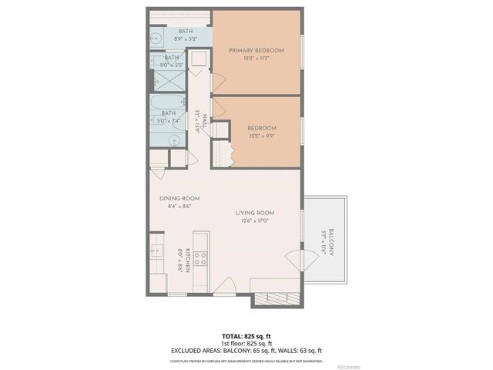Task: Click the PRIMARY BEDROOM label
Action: click(x=257, y=50)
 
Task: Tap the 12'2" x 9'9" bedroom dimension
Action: click(x=262, y=136)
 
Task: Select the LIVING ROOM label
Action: click(x=255, y=213)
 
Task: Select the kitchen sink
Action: click(x=156, y=254)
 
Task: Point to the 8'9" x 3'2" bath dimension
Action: click(x=164, y=39)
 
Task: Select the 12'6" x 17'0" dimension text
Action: click(x=255, y=221)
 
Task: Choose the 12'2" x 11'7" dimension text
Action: click(x=257, y=59)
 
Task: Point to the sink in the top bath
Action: click(x=154, y=38)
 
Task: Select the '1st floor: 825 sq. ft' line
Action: click(x=246, y=344)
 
